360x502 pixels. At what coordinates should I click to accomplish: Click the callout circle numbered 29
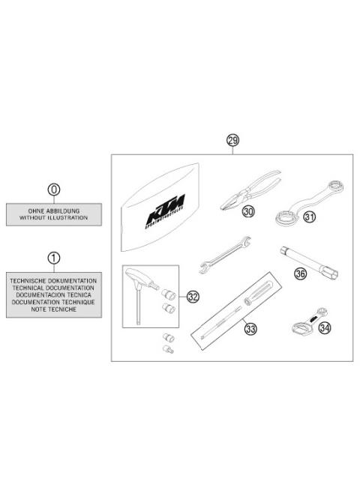pos(232,140)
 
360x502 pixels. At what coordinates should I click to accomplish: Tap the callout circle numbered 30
pos(247,213)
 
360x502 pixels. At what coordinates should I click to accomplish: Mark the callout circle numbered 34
pos(325,327)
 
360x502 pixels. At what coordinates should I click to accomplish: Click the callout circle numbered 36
pos(301,273)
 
